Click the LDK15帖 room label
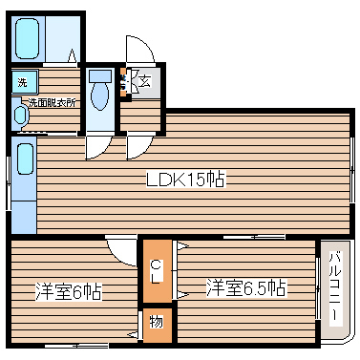tap(185, 179)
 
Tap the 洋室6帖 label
tap(70, 290)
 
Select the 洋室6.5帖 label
tap(246, 286)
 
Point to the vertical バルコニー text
tap(335, 286)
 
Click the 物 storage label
tap(156, 322)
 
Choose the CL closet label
tap(156, 271)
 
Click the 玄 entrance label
tap(143, 82)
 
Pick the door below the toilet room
tap(98, 145)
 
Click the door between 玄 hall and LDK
tap(138, 146)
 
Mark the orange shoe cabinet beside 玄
tap(124, 84)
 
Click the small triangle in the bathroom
tap(71, 56)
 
